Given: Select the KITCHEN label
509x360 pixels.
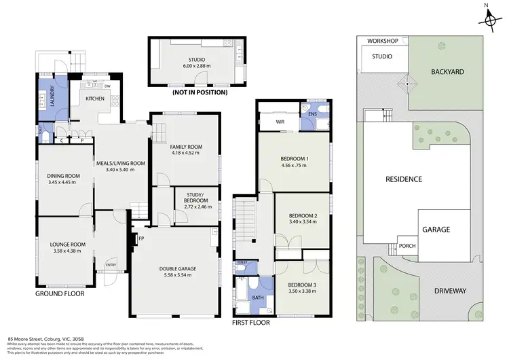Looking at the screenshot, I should coord(95,99).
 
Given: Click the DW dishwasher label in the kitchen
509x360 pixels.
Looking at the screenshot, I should coord(107,86).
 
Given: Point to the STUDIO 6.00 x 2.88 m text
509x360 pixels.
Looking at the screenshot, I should coord(187,62).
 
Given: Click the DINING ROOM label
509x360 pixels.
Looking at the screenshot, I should coord(64,179).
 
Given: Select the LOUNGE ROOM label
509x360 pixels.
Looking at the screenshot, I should coord(67,247).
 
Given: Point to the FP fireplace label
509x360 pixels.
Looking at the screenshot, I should coord(142,238).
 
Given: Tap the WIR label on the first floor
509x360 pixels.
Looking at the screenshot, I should coord(279,122).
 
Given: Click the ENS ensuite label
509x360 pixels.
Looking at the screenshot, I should coord(312,113).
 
